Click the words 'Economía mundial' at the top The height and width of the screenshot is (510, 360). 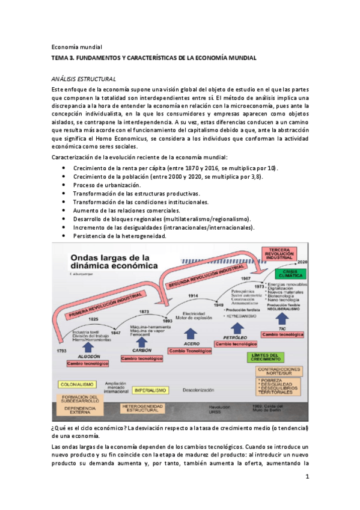point(77,47)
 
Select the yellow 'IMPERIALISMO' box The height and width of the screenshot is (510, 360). point(150,390)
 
